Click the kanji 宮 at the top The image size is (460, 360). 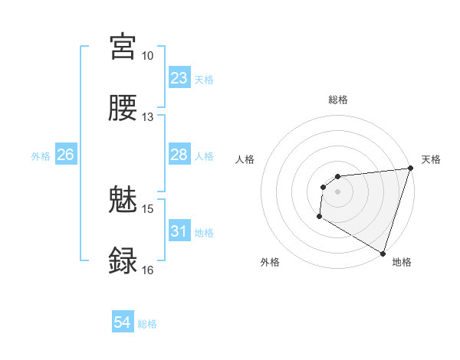point(123,47)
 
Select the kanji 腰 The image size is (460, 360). point(123,108)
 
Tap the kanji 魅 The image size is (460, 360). point(123,200)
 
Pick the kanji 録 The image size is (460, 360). point(123,260)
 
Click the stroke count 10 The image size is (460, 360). point(147,56)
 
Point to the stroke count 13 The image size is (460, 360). point(147,117)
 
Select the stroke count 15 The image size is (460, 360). point(147,208)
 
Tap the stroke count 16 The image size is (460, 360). point(147,270)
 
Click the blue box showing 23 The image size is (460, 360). point(179,78)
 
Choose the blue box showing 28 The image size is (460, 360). point(179,155)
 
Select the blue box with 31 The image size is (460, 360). point(179,231)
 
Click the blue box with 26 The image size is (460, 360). point(65,155)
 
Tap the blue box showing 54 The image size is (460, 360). point(123,323)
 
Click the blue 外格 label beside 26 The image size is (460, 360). point(41,155)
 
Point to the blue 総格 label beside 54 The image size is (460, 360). point(147,324)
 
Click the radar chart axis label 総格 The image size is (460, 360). point(337,100)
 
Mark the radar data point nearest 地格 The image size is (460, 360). point(382,253)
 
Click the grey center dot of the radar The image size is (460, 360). point(337,191)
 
